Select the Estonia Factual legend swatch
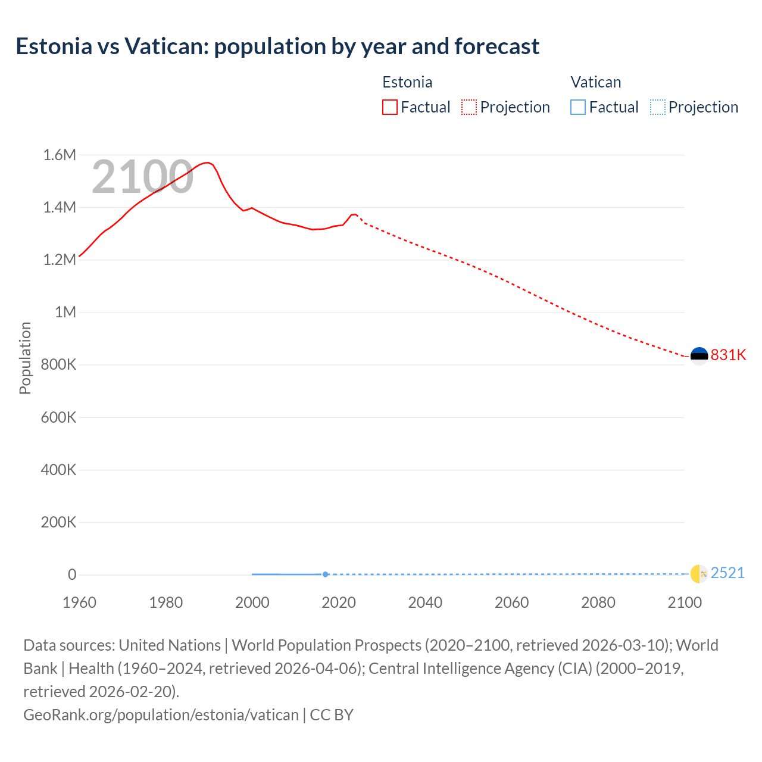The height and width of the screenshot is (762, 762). pos(389,107)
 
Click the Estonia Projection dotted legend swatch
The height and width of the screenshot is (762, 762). pos(469,107)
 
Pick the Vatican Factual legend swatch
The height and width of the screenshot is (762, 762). pos(577,107)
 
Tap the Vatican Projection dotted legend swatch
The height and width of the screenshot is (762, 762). pos(657,107)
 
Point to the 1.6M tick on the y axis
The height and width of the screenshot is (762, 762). pos(60,155)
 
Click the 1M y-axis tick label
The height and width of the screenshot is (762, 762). pos(65,313)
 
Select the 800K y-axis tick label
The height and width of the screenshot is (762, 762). pos(58,365)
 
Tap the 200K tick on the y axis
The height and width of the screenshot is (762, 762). pos(58,523)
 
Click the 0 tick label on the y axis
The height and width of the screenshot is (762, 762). pos(72,574)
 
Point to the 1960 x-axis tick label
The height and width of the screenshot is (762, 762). pos(79,602)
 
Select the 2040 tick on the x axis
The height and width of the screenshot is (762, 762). pos(425,602)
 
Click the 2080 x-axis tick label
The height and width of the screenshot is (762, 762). pos(598,602)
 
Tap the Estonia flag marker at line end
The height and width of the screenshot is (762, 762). pos(699,356)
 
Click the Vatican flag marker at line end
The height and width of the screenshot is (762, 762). pos(698,574)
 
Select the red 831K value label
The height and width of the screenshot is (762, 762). pos(728,355)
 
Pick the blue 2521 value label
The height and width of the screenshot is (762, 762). pos(727,573)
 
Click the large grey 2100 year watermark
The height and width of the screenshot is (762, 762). pos(142,177)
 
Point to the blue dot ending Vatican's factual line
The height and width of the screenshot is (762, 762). pos(325,574)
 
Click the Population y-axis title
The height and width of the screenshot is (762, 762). pos(25,358)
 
